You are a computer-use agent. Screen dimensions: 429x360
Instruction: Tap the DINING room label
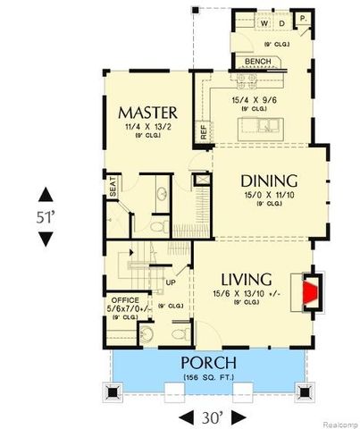click(x=263, y=180)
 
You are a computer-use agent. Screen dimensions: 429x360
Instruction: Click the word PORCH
click(x=208, y=363)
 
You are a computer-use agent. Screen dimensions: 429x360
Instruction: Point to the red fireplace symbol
click(x=310, y=292)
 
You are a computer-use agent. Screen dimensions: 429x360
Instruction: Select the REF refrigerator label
click(x=204, y=131)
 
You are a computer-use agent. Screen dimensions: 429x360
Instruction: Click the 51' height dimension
click(x=45, y=216)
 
